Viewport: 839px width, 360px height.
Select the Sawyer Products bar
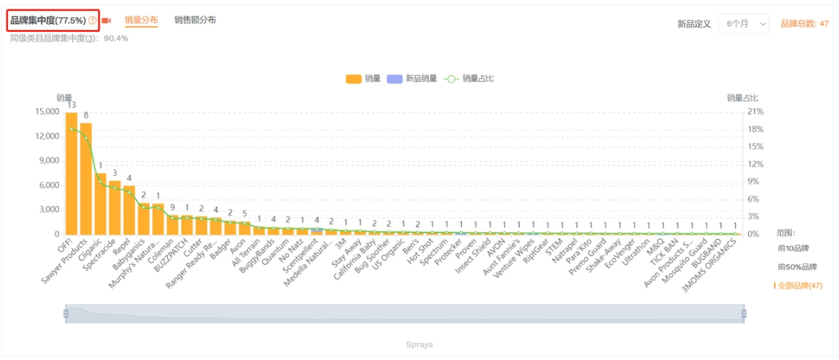click(86, 179)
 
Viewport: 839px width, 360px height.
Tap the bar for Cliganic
click(100, 204)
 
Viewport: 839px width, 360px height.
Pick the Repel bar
click(129, 210)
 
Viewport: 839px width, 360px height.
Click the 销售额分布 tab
click(195, 20)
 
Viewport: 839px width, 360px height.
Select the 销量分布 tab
click(141, 20)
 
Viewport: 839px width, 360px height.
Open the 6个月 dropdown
click(743, 24)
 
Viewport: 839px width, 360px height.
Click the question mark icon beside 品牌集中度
click(92, 20)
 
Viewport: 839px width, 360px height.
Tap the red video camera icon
click(106, 20)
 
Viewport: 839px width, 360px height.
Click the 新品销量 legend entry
click(412, 79)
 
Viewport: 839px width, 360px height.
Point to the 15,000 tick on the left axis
click(47, 111)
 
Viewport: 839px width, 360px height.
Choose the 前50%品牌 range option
click(797, 267)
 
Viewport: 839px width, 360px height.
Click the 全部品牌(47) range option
click(800, 286)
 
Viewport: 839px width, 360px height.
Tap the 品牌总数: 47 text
click(804, 24)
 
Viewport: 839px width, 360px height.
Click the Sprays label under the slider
click(419, 345)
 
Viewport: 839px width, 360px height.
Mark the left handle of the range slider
click(65, 313)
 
